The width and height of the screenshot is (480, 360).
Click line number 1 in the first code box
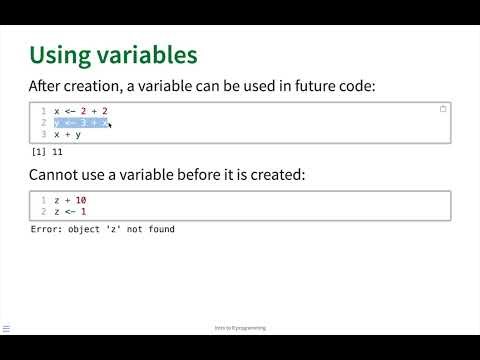(x=44, y=111)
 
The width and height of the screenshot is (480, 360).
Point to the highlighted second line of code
(x=80, y=123)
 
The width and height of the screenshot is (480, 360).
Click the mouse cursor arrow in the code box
(x=109, y=125)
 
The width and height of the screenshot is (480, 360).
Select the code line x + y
(x=68, y=135)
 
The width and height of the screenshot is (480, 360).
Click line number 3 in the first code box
(x=44, y=135)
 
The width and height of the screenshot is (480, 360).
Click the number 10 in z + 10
(x=80, y=200)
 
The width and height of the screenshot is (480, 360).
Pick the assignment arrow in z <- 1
(x=68, y=212)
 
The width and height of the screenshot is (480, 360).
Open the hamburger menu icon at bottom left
(x=7, y=327)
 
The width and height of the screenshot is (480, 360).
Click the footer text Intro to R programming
(x=240, y=328)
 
